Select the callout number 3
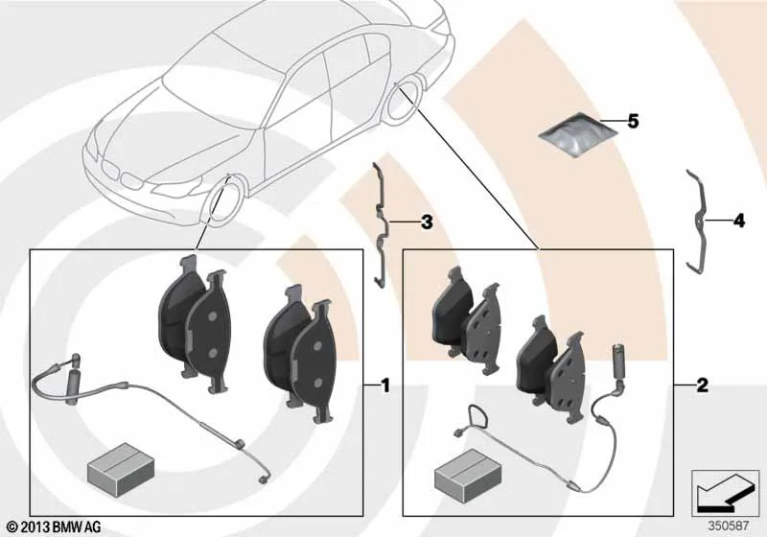427,222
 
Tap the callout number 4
739,221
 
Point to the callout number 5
633,121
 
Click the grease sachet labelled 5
577,135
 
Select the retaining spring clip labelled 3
381,225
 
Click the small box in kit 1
121,468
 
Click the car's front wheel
223,201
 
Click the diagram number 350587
729,526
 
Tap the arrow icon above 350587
725,493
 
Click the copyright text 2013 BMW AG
55,527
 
